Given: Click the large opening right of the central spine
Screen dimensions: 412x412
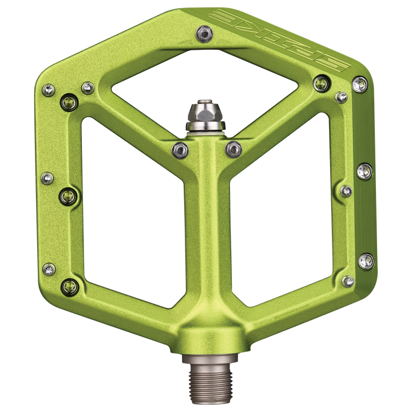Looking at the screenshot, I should tap(286, 206).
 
